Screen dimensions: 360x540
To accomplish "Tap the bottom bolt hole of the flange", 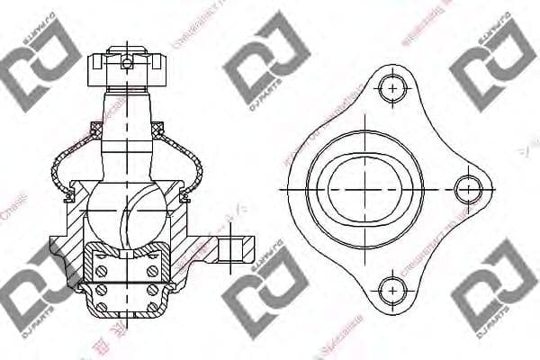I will click(x=390, y=290).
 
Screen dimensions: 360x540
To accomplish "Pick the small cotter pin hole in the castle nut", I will click(x=127, y=63).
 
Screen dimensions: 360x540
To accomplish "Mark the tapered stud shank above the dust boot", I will click(x=127, y=121).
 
